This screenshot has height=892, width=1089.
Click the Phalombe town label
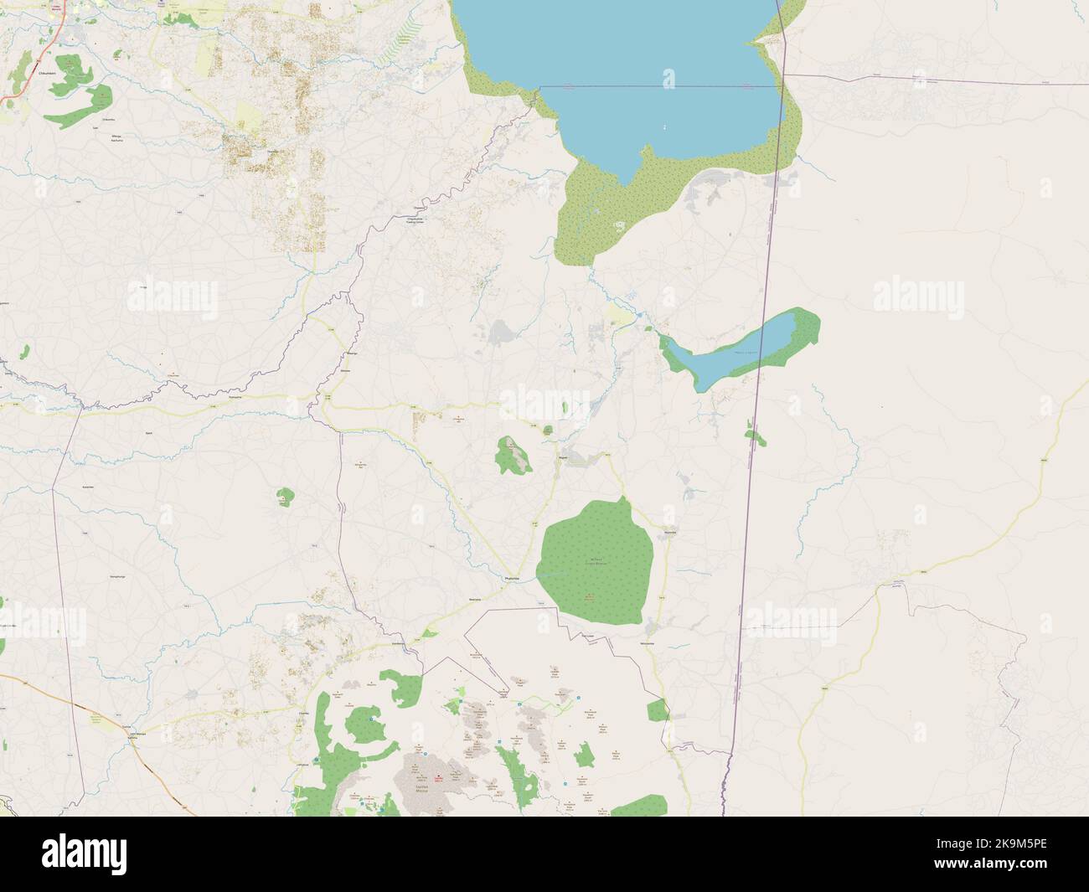[x=513, y=579]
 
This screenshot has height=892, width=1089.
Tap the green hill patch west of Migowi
[x=514, y=455]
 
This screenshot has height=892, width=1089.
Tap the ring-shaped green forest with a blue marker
[x=360, y=724]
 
